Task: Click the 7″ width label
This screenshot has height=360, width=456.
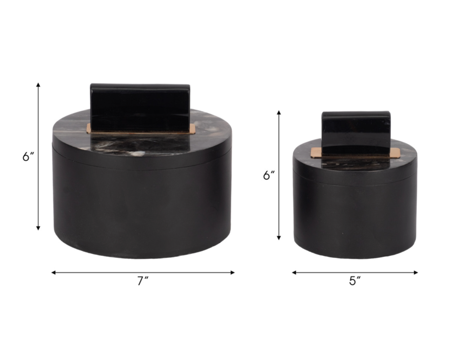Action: (143, 281)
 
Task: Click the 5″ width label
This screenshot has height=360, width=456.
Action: (355, 281)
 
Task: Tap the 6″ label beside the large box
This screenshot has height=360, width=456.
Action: (28, 156)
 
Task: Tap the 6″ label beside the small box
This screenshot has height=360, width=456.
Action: (269, 175)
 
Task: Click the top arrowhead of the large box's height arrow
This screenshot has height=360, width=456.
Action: (38, 85)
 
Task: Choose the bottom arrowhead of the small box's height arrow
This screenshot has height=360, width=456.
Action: (279, 238)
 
